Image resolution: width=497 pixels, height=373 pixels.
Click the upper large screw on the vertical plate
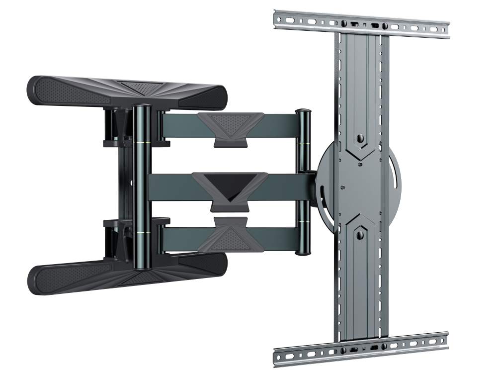(x=360, y=139)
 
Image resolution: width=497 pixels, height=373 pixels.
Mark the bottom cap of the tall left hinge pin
(x=142, y=268)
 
